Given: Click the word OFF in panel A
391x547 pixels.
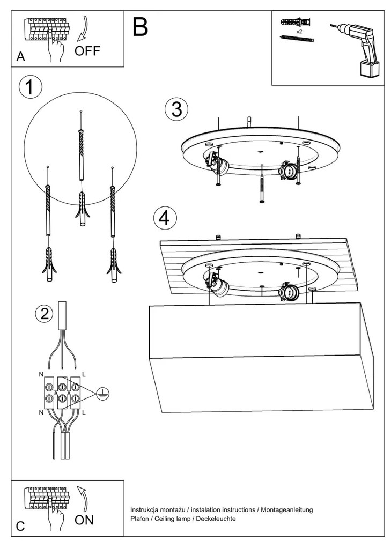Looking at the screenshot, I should [87, 51].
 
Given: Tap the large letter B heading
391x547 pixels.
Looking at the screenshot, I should [140, 27].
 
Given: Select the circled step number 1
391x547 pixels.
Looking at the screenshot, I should [30, 88].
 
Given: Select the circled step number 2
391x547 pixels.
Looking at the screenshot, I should [45, 314].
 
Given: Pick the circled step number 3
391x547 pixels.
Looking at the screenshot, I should [176, 109].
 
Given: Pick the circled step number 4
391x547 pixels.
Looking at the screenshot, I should [165, 218].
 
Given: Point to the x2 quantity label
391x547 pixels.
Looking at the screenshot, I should [299, 32].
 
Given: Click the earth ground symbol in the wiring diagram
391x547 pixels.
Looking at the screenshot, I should [103, 394].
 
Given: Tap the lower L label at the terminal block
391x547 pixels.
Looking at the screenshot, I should [84, 412].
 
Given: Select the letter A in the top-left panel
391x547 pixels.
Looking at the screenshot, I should [20, 57].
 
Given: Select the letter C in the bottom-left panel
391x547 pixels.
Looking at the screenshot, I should [20, 526].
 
